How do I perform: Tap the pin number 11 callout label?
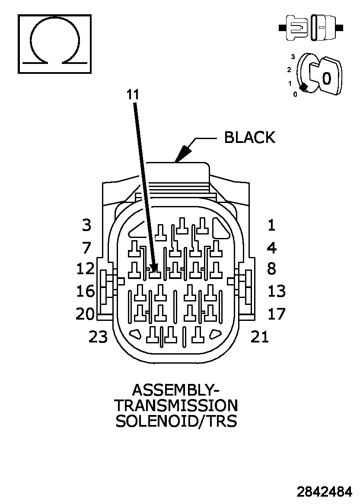tap(133, 95)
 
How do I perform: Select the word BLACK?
tap(250, 137)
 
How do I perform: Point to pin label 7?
tap(86, 247)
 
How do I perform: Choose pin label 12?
tap(86, 268)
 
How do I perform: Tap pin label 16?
tap(86, 291)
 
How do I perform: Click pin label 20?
tap(85, 314)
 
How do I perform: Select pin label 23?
tap(98, 337)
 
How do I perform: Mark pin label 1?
tap(271, 225)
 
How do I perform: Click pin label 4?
tap(272, 247)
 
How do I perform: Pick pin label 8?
tap(272, 268)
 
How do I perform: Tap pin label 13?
tap(277, 291)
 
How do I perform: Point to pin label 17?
tap(277, 314)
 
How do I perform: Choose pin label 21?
tap(260, 337)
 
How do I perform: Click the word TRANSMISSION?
tap(176, 406)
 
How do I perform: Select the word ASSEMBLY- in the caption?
tap(176, 390)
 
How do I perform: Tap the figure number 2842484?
tap(324, 492)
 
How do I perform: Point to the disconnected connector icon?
tap(311, 28)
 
